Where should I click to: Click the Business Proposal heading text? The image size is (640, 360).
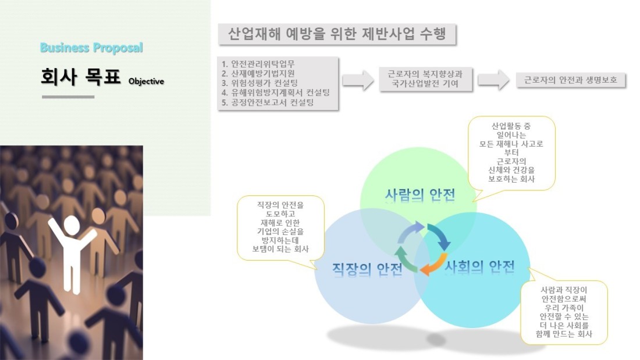click(x=91, y=48)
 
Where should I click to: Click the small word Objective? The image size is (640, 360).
click(x=146, y=81)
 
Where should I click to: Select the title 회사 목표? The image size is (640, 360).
click(x=81, y=76)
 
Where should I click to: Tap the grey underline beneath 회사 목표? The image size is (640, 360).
click(x=68, y=97)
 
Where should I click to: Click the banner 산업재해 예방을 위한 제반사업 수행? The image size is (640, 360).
click(x=337, y=34)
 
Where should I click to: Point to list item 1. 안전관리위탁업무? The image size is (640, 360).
click(x=258, y=63)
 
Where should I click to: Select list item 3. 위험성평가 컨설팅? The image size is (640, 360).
click(x=259, y=83)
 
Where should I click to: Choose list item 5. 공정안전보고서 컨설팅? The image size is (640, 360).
click(x=268, y=102)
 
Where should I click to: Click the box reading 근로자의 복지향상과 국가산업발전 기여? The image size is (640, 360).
click(x=425, y=79)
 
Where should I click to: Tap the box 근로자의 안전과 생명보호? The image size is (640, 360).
click(x=571, y=80)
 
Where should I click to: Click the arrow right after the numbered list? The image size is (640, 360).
click(x=358, y=80)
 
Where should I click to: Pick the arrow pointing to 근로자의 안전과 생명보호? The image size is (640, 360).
click(x=493, y=80)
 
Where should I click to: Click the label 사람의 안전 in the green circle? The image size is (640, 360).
click(x=419, y=195)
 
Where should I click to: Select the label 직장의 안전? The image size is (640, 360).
click(x=367, y=269)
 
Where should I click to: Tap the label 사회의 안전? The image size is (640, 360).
click(x=479, y=266)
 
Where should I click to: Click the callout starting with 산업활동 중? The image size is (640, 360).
click(x=511, y=153)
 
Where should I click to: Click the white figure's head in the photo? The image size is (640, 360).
click(x=72, y=225)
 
